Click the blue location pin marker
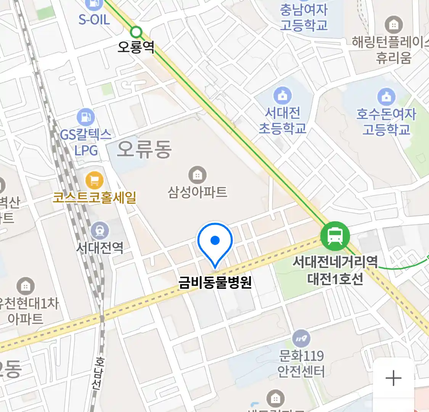(215, 241)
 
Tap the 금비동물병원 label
(215, 282)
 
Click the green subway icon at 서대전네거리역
(335, 236)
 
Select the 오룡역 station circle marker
(136, 32)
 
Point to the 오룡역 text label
(136, 47)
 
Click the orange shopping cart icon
(94, 180)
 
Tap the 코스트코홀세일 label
(95, 198)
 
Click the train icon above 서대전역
(100, 231)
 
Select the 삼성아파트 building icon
(197, 175)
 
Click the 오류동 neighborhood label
(144, 149)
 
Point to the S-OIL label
(94, 19)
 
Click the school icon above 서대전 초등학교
(282, 95)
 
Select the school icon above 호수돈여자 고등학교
(386, 97)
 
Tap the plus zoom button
(394, 378)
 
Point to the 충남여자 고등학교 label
(304, 18)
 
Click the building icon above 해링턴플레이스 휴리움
(394, 25)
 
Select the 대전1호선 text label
(335, 279)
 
